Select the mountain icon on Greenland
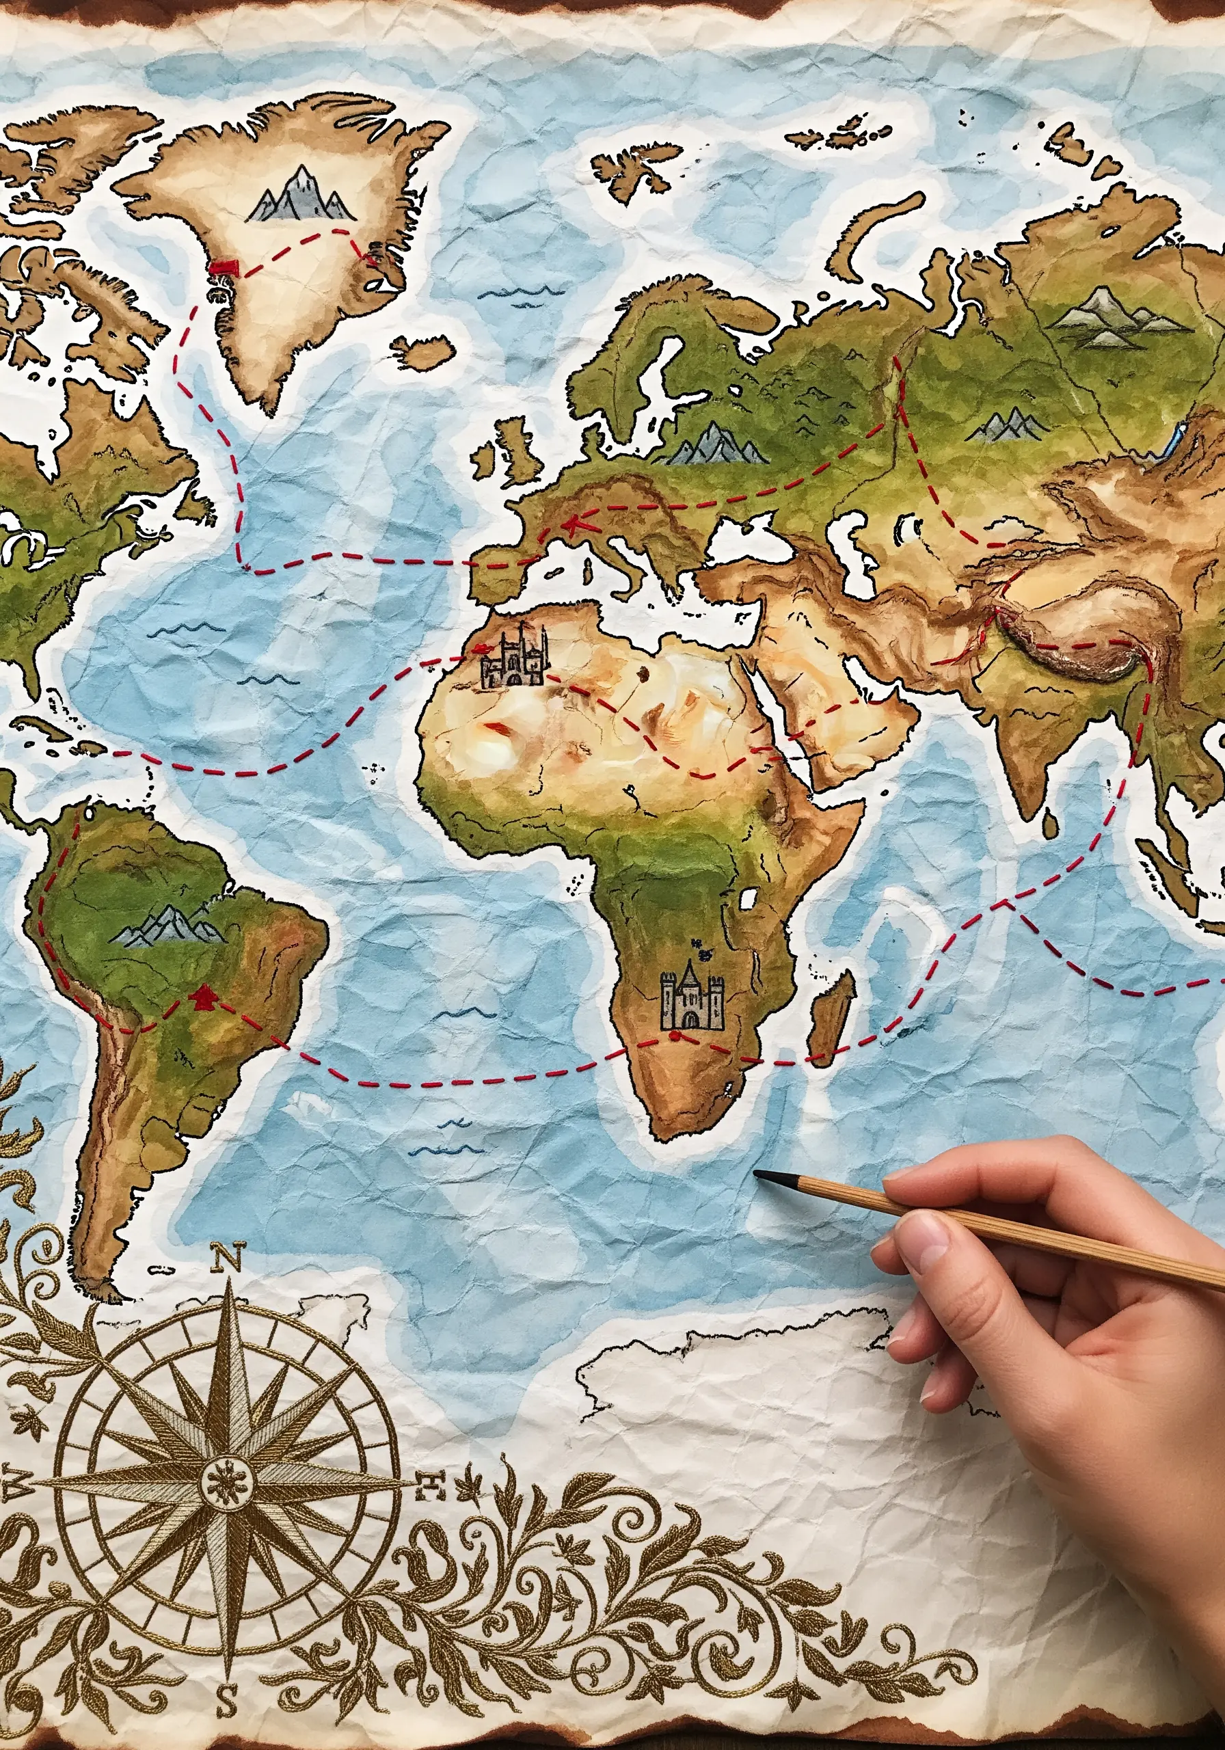click(x=301, y=196)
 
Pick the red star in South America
click(x=204, y=995)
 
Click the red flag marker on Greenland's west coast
click(x=225, y=267)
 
